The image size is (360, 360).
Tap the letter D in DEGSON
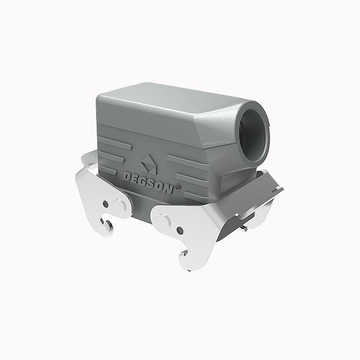127,176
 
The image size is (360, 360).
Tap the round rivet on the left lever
119,206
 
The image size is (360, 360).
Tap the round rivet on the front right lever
164,222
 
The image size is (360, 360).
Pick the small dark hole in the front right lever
179,230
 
